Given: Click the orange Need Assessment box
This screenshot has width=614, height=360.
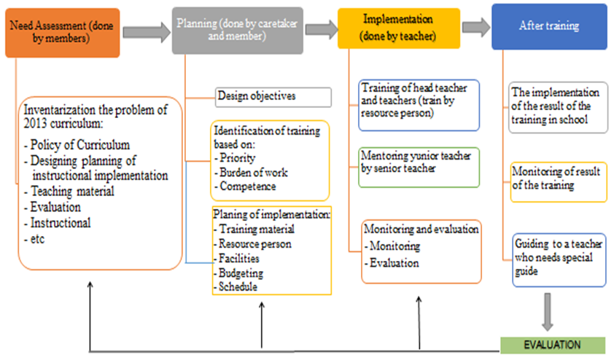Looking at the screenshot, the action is click(63, 33).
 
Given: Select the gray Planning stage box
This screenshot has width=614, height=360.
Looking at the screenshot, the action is click(237, 31).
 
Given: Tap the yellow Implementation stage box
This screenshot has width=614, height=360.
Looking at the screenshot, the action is click(399, 28).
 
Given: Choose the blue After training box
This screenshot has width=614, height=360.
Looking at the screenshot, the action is click(549, 27).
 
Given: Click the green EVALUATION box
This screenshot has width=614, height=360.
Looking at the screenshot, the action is click(553, 345).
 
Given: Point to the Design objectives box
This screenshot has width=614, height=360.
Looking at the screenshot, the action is click(273, 97).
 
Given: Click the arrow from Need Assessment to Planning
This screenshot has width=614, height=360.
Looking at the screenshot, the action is click(147, 32).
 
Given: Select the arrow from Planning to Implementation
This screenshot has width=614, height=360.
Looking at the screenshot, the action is click(322, 29).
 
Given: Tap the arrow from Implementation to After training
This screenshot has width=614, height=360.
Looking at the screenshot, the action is click(476, 27).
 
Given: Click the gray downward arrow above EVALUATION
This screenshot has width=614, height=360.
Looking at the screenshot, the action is click(548, 312).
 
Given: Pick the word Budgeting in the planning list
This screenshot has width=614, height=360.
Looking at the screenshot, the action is click(241, 273).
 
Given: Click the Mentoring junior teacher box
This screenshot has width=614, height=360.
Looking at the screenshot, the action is click(419, 168).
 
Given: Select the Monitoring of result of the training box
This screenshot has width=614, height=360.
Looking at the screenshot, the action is click(559, 182).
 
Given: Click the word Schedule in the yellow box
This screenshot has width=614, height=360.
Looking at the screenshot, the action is click(238, 287).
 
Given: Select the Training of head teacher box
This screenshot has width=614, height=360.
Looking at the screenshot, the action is click(419, 105).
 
